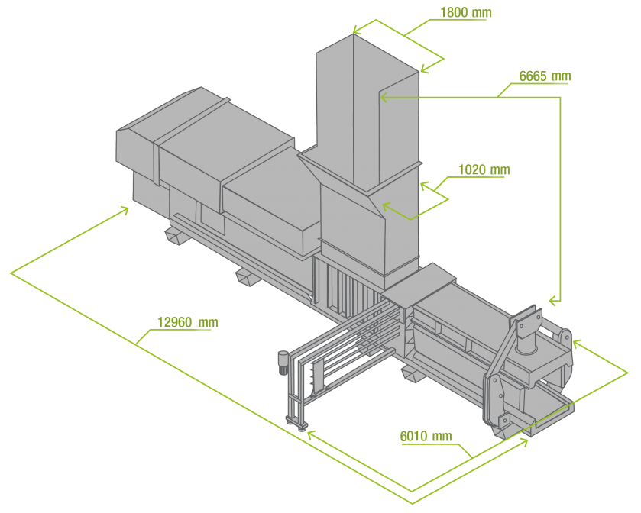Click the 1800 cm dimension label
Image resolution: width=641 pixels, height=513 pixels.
[465, 13]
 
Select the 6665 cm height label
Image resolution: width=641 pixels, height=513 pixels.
[544, 76]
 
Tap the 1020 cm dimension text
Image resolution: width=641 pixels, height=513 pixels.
[484, 170]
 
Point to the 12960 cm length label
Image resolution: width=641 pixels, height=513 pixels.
[187, 323]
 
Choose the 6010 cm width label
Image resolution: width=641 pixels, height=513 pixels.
[426, 437]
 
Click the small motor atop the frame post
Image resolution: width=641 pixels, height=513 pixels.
[282, 361]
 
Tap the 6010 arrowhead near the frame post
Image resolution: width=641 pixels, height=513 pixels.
[310, 434]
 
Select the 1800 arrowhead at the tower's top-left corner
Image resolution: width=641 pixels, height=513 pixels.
[356, 31]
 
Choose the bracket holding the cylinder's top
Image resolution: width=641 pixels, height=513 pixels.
[526, 321]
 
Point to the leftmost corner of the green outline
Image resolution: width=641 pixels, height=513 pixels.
[11, 272]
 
